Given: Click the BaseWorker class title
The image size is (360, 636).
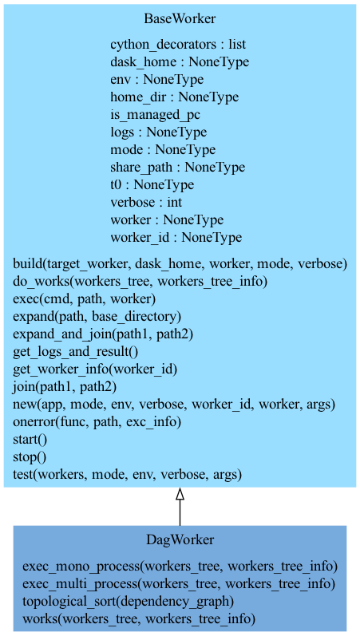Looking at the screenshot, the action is tap(180, 18).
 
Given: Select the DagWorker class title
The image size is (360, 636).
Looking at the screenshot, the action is tap(180, 540).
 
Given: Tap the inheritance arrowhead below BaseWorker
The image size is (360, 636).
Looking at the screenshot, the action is tap(180, 494).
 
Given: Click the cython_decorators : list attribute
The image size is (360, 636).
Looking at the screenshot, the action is tap(178, 45).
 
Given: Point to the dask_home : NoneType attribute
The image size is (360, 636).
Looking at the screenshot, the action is tap(180, 62).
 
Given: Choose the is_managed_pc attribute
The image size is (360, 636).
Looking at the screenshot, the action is tap(156, 115).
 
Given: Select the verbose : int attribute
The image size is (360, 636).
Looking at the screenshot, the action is tap(146, 202).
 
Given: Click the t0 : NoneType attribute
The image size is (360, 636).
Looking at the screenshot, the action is tap(152, 184).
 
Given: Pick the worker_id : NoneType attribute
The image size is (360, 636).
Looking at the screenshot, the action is tap(176, 237).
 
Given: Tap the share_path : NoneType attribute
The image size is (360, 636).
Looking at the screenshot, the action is tap(178, 167).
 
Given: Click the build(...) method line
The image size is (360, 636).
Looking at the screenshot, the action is tap(180, 264).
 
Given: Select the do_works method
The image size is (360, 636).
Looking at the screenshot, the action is tap(140, 282).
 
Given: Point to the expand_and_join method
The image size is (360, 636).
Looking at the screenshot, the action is tap(103, 334).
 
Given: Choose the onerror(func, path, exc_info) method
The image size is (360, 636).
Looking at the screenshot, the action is tap(97, 422).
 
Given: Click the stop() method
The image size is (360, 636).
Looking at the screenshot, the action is tap(30, 457).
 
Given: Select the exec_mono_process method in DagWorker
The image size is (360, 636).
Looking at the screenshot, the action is tap(180, 567).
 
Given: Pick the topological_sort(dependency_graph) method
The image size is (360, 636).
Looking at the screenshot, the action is tap(129, 602).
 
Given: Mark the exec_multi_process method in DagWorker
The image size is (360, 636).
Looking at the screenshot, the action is tap(179, 584).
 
